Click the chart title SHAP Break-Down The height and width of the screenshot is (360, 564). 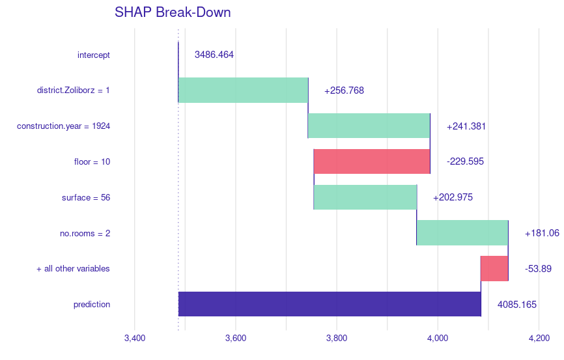tap(173, 12)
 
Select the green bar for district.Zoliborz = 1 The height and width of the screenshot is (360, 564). tap(243, 90)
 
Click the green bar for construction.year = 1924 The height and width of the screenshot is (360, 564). tap(369, 126)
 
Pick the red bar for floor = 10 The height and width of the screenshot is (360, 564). tap(372, 161)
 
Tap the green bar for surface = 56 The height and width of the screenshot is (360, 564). tap(365, 197)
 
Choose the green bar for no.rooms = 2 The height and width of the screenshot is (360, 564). tap(462, 232)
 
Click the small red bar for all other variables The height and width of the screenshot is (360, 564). tap(494, 268)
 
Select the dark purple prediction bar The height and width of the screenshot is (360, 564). tap(330, 304)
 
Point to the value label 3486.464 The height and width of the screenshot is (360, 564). tap(214, 55)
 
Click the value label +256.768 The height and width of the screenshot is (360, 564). tap(344, 90)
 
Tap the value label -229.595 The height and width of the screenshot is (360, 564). tap(465, 161)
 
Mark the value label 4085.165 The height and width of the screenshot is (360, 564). tap(517, 304)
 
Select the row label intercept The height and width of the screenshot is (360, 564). tap(94, 55)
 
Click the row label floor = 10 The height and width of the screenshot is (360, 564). tap(92, 161)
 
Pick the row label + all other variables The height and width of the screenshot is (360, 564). tap(73, 268)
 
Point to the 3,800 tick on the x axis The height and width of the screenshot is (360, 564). tap(337, 338)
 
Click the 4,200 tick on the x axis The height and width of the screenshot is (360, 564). tap(539, 338)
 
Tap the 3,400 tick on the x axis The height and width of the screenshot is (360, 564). tap(135, 338)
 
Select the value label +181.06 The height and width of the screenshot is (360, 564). tap(542, 232)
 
